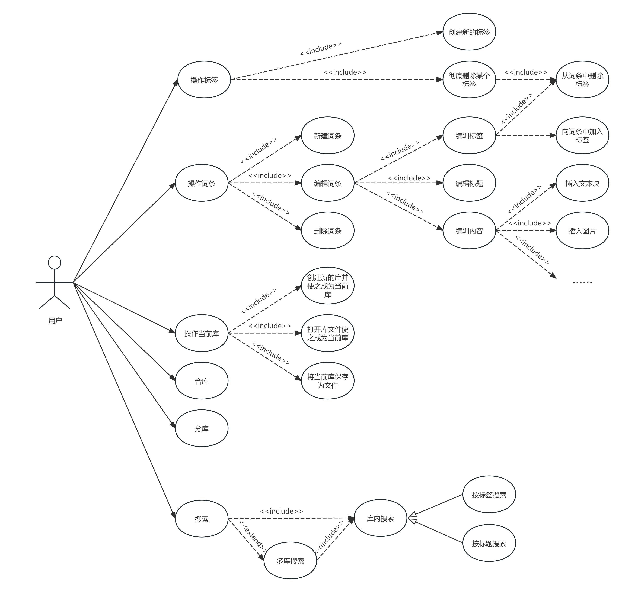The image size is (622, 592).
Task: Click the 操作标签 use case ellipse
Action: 204,80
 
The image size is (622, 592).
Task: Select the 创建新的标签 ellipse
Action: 469,32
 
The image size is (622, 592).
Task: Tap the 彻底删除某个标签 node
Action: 469,80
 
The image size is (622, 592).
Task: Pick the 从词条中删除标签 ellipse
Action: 582,80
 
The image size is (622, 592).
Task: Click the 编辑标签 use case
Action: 469,135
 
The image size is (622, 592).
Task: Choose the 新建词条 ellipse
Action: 328,135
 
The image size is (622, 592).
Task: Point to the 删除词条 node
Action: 328,230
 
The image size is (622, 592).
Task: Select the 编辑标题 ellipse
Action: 469,183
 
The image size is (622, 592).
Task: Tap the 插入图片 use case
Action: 582,230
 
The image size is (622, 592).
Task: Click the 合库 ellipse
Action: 202,381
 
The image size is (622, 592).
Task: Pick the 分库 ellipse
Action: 202,428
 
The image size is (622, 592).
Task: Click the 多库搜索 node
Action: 290,560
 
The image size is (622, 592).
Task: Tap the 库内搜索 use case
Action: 380,518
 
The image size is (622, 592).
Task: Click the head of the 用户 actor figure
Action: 54,263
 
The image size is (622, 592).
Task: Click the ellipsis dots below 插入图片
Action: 582,282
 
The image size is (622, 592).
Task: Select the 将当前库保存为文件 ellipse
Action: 328,380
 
